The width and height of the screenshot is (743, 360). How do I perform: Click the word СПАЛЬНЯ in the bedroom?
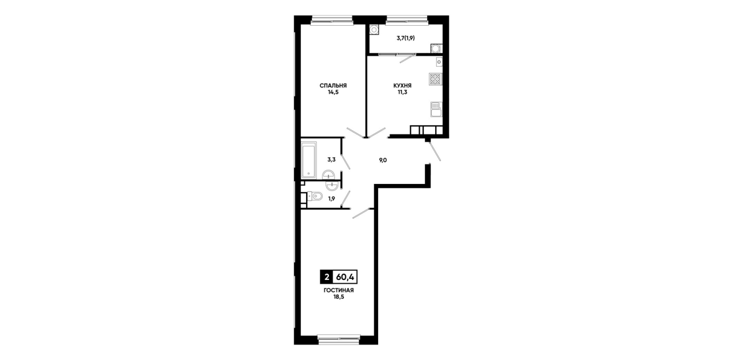click(x=333, y=86)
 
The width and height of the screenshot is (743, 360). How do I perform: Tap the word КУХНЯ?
click(x=403, y=86)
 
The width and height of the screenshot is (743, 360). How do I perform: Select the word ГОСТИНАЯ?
click(x=339, y=290)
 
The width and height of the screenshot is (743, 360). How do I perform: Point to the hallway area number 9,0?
click(x=383, y=160)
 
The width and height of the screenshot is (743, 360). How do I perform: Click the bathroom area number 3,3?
click(x=331, y=159)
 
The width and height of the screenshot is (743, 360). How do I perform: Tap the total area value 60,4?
click(x=345, y=277)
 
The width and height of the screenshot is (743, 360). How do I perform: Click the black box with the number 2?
click(x=327, y=277)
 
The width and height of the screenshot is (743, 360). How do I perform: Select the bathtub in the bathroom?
click(x=309, y=160)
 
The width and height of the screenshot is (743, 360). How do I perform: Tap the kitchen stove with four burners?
click(x=436, y=79)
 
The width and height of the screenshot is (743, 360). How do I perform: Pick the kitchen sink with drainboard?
click(x=436, y=110)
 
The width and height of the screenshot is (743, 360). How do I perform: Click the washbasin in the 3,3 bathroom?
click(x=328, y=175)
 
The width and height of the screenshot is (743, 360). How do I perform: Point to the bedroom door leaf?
click(x=355, y=133)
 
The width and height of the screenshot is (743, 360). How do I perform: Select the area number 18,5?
click(x=339, y=297)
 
